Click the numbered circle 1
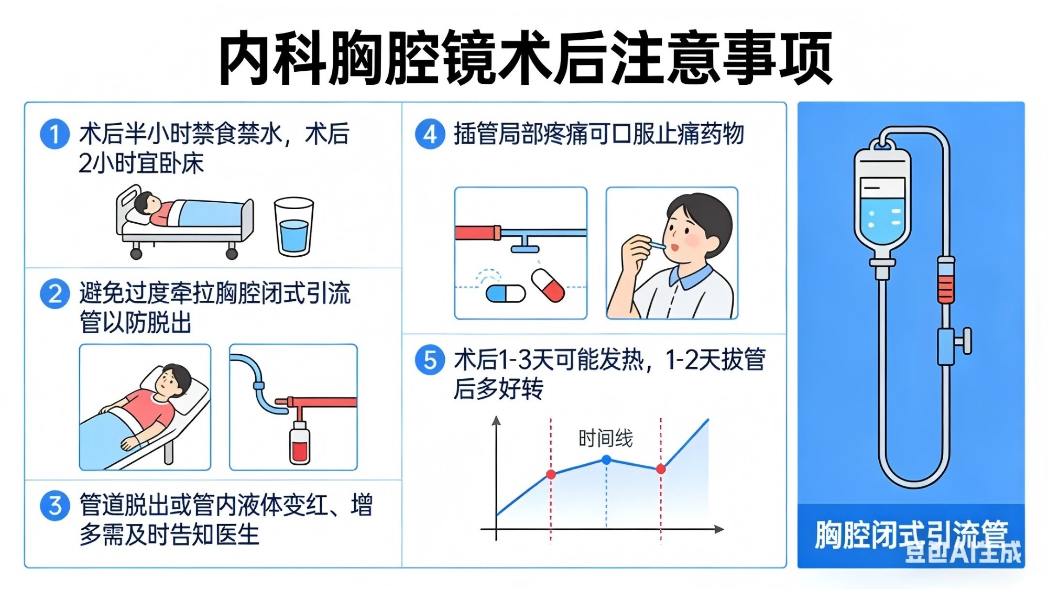tap(55, 134)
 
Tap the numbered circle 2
tap(55, 293)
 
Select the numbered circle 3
tap(55, 506)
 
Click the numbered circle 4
tap(430, 134)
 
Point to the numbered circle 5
tap(430, 360)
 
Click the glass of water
tap(294, 226)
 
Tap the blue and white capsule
tap(506, 293)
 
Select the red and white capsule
tap(548, 286)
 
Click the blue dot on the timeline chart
tap(606, 460)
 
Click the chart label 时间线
tap(606, 438)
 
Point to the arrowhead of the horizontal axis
tap(719, 529)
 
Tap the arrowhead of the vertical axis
tap(496, 420)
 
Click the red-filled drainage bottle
tap(300, 443)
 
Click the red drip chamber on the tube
tap(946, 280)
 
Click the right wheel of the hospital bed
tap(232, 254)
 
